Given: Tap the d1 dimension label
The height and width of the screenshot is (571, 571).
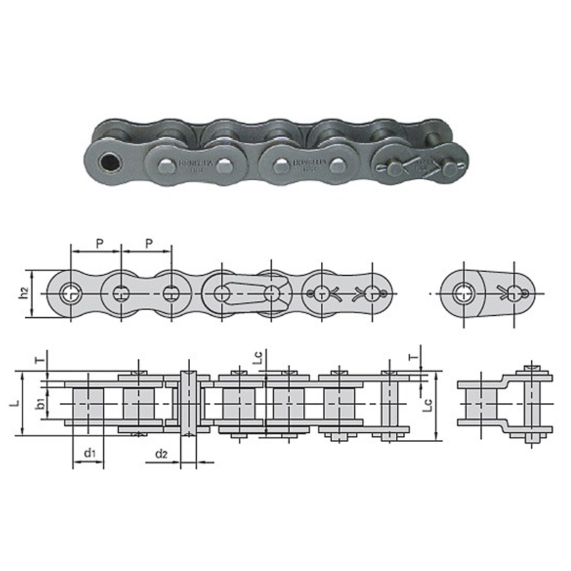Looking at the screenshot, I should click(89, 453).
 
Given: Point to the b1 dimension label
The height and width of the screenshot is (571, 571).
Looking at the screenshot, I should click(41, 404).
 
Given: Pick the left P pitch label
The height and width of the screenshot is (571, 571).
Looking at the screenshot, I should click(98, 243).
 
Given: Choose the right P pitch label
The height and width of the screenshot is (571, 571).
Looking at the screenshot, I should click(148, 243).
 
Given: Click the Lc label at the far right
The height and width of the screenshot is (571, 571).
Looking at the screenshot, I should click(427, 404).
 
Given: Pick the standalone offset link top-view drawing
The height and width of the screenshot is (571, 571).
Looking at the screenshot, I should click(505, 403).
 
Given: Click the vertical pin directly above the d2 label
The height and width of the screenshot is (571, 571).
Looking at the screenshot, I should click(188, 403).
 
